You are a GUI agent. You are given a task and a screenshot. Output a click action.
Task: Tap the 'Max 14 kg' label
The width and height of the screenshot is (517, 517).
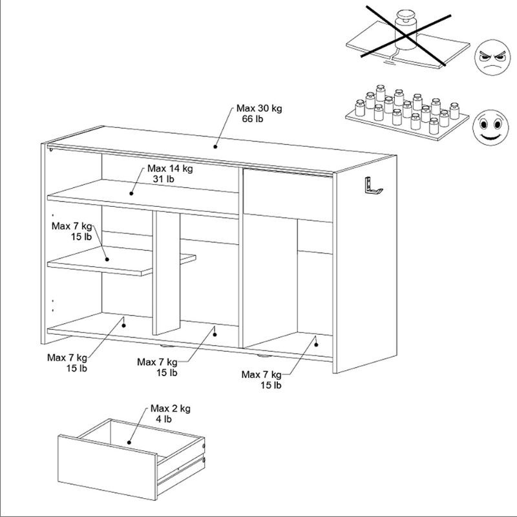click(x=170, y=169)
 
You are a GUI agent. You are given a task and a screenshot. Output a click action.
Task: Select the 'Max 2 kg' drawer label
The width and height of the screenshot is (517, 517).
click(x=170, y=408)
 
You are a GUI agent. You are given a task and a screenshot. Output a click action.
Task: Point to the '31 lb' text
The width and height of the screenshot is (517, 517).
click(x=165, y=179)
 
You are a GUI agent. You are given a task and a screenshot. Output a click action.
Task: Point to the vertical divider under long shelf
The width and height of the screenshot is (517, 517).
click(x=165, y=271)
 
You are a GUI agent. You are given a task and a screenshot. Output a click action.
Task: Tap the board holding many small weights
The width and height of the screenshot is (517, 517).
click(x=404, y=123)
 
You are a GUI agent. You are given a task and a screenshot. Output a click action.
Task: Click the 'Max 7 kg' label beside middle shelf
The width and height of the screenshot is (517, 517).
click(x=72, y=226)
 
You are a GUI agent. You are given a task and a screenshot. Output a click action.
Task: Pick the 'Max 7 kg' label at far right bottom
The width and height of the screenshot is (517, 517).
click(x=261, y=375)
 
